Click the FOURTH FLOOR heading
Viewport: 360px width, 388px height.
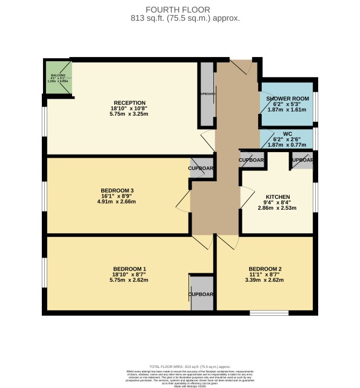click(x=180, y=9)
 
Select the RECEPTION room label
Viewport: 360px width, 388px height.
click(x=129, y=102)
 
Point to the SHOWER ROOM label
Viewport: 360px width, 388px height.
click(x=287, y=98)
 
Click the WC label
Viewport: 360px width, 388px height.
click(x=287, y=134)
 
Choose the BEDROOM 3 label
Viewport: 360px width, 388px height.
click(x=117, y=190)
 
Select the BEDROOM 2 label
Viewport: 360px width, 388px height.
click(x=265, y=269)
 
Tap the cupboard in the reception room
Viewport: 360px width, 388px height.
click(x=207, y=95)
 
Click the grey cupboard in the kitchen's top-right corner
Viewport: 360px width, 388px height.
click(x=302, y=161)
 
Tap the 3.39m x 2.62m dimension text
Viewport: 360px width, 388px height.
click(x=265, y=280)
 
